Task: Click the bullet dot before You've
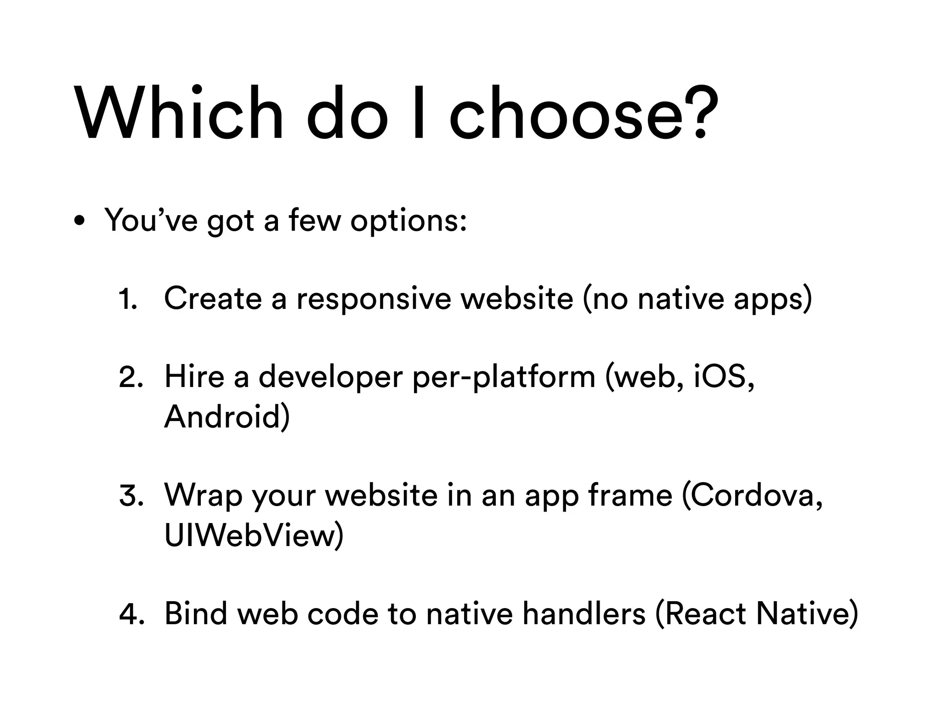79,221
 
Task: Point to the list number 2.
131,377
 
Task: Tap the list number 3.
131,496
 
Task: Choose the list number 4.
131,614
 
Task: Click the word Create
213,298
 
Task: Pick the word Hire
194,376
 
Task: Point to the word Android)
227,416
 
